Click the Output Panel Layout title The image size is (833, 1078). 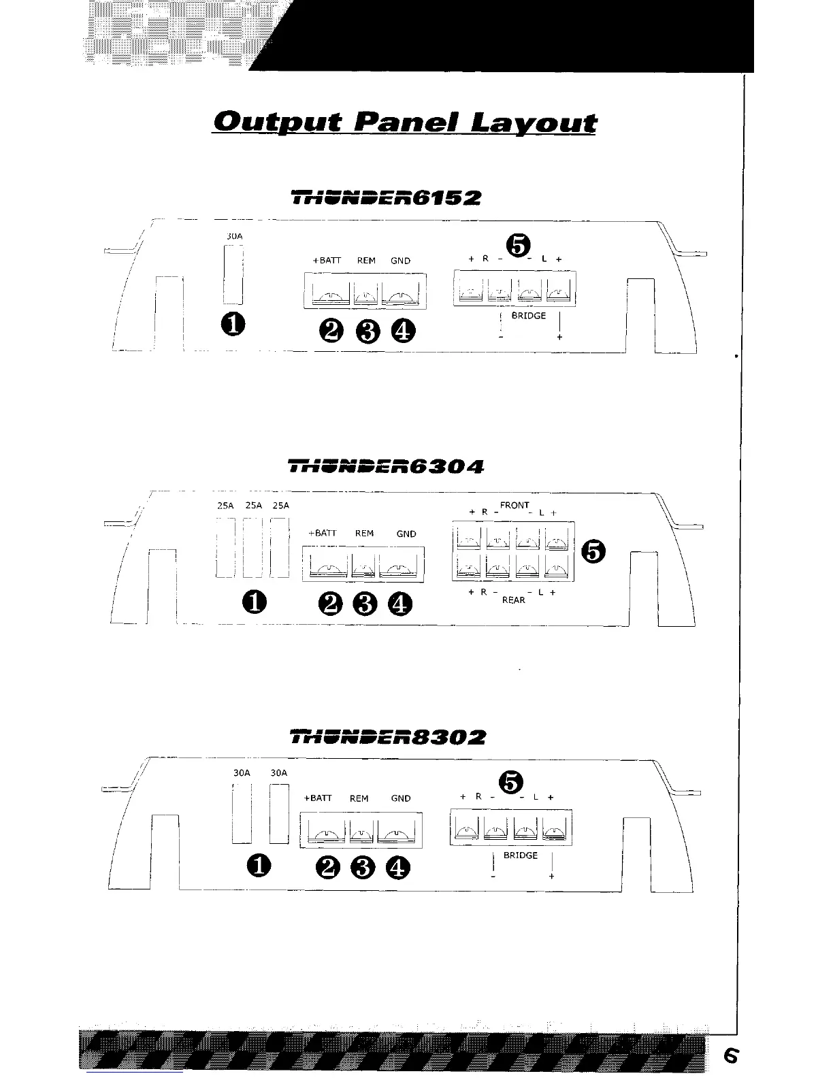click(x=404, y=122)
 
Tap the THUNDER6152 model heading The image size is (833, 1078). click(x=386, y=198)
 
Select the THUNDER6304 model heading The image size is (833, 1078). click(x=386, y=467)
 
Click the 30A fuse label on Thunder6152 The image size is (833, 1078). click(x=233, y=236)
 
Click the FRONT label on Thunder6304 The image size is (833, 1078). click(x=514, y=505)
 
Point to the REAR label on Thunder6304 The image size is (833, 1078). click(x=513, y=600)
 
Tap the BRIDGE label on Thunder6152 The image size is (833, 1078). click(x=528, y=316)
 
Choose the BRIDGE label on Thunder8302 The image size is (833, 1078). click(x=521, y=855)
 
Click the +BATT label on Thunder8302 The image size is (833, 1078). click(x=317, y=798)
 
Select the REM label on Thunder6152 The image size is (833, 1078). click(x=366, y=261)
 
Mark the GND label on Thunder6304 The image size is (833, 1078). click(x=406, y=534)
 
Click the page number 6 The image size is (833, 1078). click(x=730, y=1056)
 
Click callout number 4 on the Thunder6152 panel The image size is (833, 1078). click(x=402, y=331)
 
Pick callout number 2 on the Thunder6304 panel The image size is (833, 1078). click(x=330, y=603)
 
